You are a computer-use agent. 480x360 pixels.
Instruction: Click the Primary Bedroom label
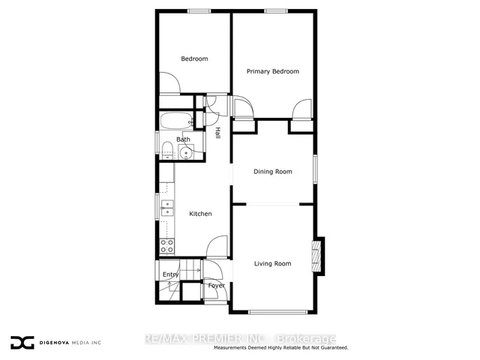tap(273, 72)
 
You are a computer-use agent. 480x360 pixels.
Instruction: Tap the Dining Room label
tap(273, 172)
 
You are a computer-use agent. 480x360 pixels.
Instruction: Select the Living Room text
tap(273, 263)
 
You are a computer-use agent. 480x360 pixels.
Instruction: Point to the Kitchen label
tap(200, 214)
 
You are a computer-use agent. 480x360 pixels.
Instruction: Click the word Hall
tap(217, 133)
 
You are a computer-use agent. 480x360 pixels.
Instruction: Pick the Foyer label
tap(217, 286)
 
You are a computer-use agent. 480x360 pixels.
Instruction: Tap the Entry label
tap(170, 274)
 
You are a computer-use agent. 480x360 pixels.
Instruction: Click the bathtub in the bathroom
tap(176, 121)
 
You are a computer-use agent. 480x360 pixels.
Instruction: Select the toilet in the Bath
tap(167, 150)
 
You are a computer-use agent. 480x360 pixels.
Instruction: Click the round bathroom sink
tap(186, 152)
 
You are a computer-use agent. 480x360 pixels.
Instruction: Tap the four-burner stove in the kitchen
tap(166, 246)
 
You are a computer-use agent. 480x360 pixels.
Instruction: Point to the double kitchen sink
tap(167, 208)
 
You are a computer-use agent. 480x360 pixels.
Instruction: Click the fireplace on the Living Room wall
tap(316, 256)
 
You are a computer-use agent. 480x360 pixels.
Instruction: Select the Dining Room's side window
tap(315, 169)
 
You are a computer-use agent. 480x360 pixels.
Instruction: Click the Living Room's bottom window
tap(277, 312)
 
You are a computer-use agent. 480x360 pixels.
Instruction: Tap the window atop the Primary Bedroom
tap(276, 11)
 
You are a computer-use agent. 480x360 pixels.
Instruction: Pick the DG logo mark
tap(22, 343)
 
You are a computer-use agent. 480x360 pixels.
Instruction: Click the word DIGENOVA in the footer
tap(55, 343)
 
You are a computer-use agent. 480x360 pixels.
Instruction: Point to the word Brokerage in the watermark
tap(306, 339)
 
